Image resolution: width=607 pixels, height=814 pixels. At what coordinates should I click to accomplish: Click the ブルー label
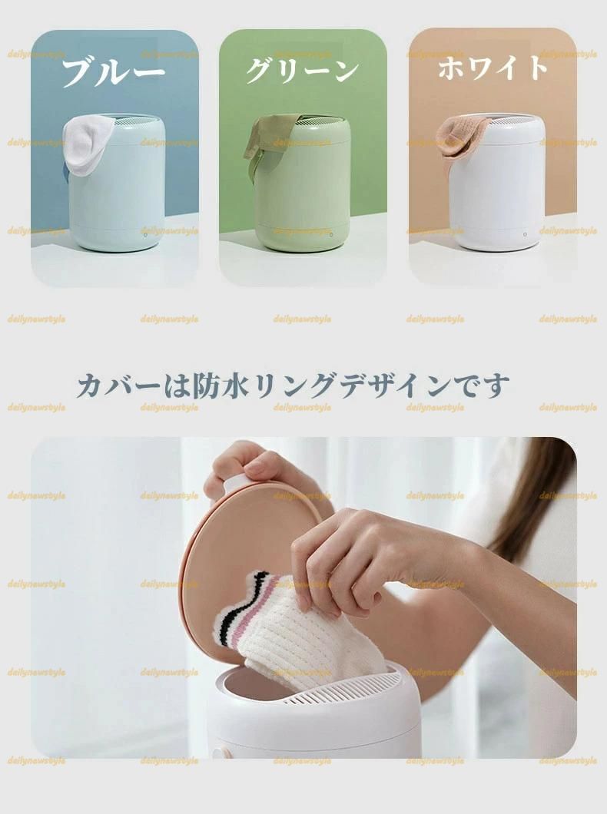(113, 71)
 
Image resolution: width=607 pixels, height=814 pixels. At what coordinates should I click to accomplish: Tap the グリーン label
(302, 71)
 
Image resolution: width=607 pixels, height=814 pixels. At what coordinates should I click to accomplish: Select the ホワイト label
(493, 68)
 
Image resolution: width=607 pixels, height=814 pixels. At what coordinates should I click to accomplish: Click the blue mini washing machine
(114, 183)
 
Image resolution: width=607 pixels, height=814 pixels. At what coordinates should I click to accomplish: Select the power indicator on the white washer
(526, 234)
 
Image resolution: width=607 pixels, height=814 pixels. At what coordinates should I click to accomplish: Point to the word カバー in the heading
(118, 386)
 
